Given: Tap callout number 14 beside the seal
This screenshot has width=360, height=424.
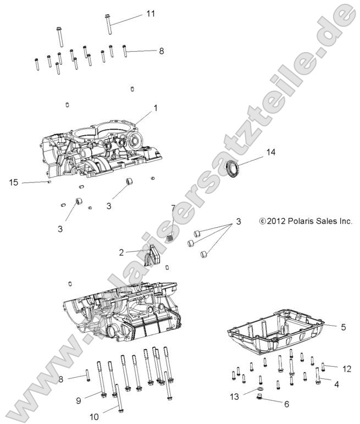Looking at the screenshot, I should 270,152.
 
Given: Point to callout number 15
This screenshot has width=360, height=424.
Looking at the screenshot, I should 13,181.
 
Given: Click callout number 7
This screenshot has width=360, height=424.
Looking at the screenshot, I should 173,209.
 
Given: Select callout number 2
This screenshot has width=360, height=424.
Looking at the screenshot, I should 121,253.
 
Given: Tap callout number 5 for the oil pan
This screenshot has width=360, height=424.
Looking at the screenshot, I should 343,327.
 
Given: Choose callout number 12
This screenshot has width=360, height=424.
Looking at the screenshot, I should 346,368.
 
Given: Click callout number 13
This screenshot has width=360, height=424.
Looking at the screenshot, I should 235,397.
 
